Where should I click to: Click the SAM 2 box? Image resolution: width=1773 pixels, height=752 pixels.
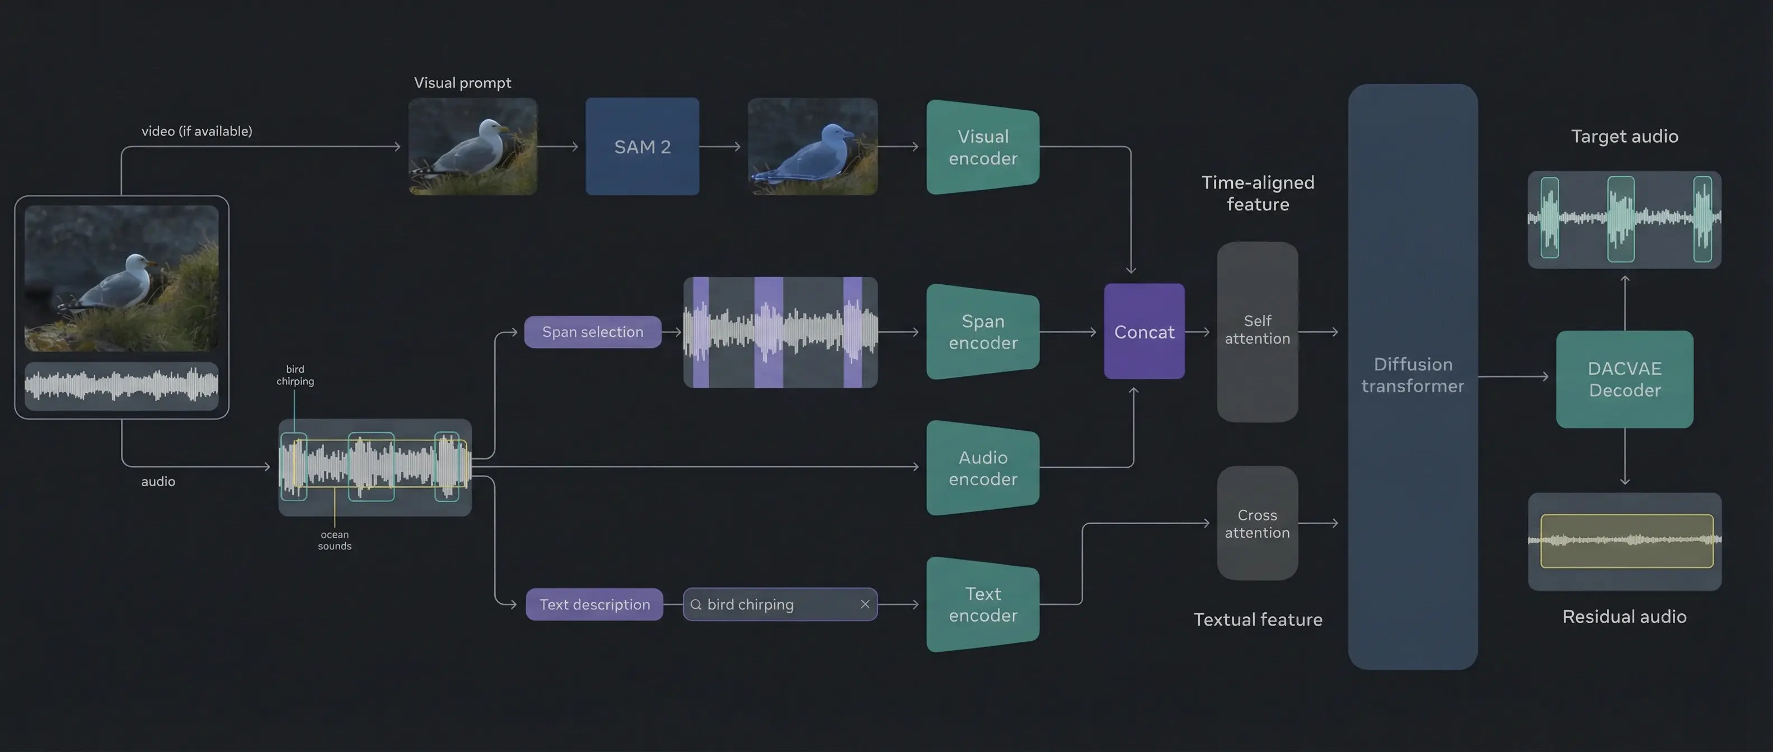point(642,147)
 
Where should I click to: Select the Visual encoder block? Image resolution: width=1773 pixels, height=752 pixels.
point(983,147)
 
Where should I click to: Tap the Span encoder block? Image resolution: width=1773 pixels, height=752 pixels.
point(983,332)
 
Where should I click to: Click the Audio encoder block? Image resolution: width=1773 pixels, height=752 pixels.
point(983,468)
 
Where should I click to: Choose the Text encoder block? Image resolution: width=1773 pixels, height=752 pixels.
point(983,604)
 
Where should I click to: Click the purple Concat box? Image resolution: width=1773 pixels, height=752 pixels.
point(1144,332)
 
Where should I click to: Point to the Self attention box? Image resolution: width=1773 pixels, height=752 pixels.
point(1258,330)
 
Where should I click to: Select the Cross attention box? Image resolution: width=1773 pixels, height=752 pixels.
point(1258,524)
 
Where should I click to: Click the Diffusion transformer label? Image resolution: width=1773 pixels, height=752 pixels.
point(1413,375)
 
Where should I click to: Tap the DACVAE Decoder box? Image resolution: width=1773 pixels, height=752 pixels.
point(1624,379)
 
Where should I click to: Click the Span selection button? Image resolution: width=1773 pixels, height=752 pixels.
point(593,332)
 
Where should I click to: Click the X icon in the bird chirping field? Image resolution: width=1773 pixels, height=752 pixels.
point(865,604)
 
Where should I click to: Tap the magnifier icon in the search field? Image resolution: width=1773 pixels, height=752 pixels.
point(696,604)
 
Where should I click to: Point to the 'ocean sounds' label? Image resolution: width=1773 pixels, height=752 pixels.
point(335,540)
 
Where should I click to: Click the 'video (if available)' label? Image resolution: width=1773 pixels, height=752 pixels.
point(197,131)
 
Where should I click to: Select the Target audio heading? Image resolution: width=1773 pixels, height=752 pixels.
point(1624,136)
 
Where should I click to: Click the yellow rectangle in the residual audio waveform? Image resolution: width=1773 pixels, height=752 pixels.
point(1626,540)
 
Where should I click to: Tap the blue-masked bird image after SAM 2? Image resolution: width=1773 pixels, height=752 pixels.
point(812,147)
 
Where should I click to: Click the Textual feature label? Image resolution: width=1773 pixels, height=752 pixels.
point(1258,619)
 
